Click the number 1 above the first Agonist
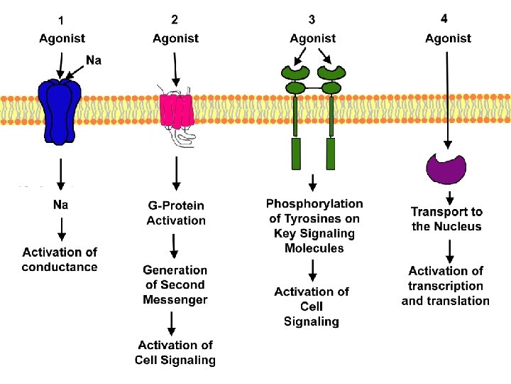pos(62,21)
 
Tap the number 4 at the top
pos(444,18)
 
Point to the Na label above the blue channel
pos(94,60)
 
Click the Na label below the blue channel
pos(61,205)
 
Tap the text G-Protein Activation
pos(176,213)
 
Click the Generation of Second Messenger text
pos(175,284)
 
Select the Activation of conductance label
pos(60,260)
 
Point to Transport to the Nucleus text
pos(446,219)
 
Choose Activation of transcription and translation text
pos(446,285)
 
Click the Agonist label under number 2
pos(176,38)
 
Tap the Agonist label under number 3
pos(313,38)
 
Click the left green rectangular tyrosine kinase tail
pos(297,154)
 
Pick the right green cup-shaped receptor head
pos(331,74)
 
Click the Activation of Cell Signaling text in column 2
pos(175,353)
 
